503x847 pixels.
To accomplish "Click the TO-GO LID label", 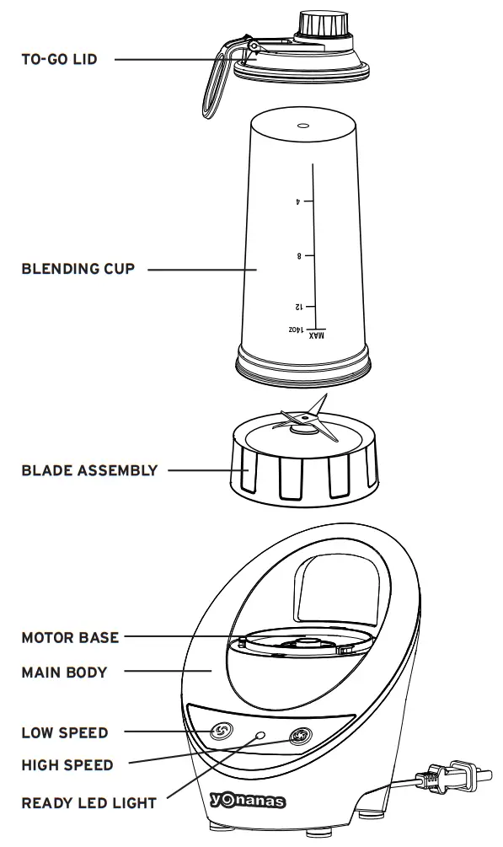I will (x=59, y=60).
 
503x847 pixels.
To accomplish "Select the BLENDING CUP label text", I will (x=78, y=270).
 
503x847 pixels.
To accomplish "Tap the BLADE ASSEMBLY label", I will (x=89, y=470).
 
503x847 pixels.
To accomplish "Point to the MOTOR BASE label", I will (x=70, y=637).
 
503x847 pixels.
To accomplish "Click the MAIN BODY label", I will (x=64, y=673).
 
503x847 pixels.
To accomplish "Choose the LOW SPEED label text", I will (x=65, y=733).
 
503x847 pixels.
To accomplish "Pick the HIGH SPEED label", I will (x=67, y=765).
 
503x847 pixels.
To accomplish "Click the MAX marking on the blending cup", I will (x=317, y=335).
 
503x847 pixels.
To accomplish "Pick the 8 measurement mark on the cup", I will (x=298, y=255).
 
